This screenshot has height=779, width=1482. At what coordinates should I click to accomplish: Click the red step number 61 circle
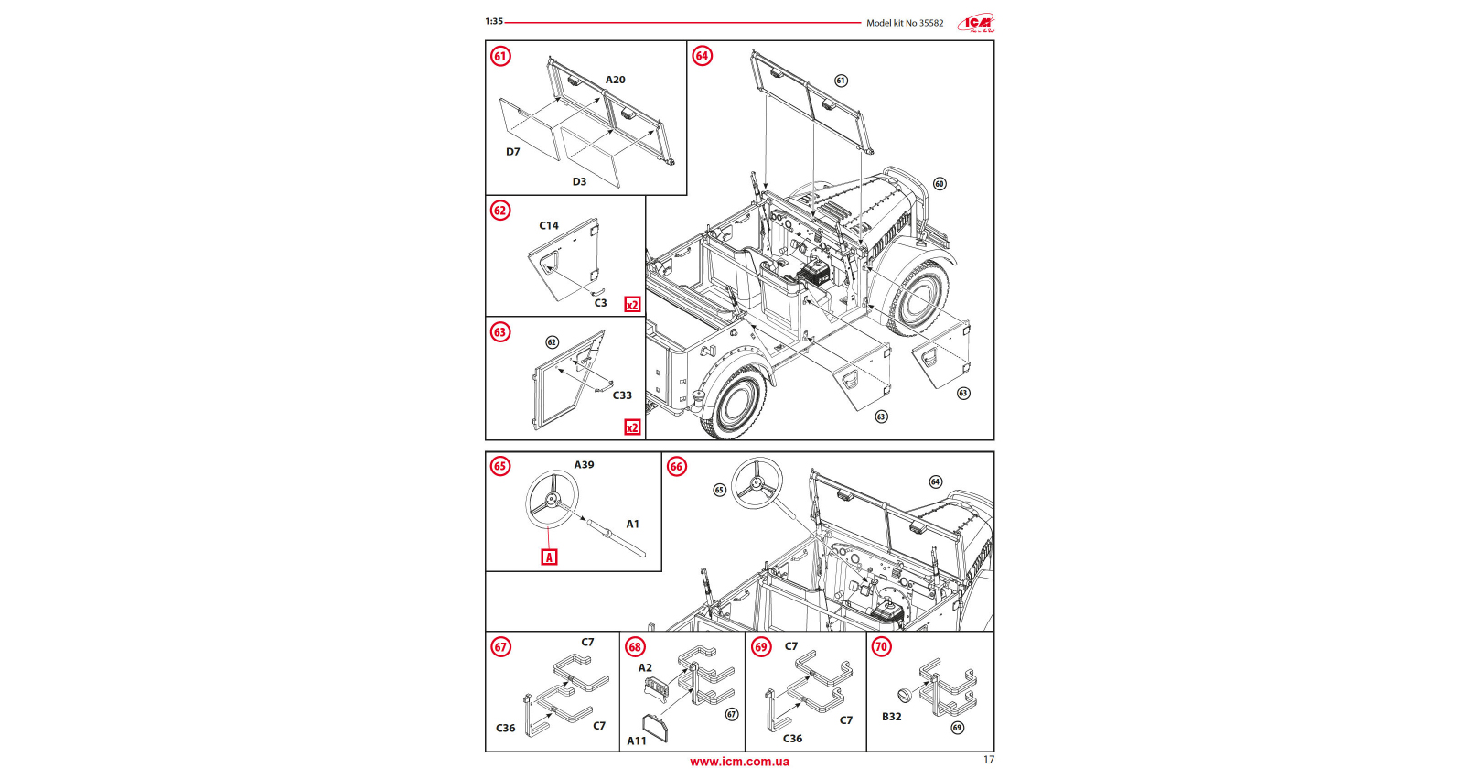point(500,56)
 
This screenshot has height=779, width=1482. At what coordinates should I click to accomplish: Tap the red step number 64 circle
point(702,56)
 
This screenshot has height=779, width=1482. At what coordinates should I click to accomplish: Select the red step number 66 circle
point(676,467)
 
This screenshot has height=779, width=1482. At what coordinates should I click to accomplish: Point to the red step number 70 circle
point(881,647)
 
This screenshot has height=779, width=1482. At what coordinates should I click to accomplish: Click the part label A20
point(616,81)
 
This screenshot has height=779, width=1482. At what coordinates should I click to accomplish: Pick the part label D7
point(513,152)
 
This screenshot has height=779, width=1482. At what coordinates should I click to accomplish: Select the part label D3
point(579,182)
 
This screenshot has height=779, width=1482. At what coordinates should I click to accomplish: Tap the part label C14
point(549,225)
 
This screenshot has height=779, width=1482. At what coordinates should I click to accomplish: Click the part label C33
point(622,395)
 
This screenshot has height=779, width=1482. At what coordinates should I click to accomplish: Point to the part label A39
point(584,465)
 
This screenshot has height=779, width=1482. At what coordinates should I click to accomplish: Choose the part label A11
point(637,741)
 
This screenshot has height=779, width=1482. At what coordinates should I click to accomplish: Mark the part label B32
point(892,717)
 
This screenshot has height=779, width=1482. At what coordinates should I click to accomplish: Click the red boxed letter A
point(549,557)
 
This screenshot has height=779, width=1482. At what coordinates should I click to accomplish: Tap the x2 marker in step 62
point(632,305)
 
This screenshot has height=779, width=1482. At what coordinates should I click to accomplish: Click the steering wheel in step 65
point(552,499)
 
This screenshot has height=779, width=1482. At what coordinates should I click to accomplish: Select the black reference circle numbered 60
point(940,184)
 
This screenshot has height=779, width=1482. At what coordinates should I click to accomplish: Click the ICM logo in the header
point(976,23)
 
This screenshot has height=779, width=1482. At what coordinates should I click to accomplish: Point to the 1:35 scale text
point(494,21)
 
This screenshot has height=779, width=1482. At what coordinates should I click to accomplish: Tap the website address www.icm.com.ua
point(739,762)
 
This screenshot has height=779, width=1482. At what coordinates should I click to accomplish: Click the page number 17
point(988,760)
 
